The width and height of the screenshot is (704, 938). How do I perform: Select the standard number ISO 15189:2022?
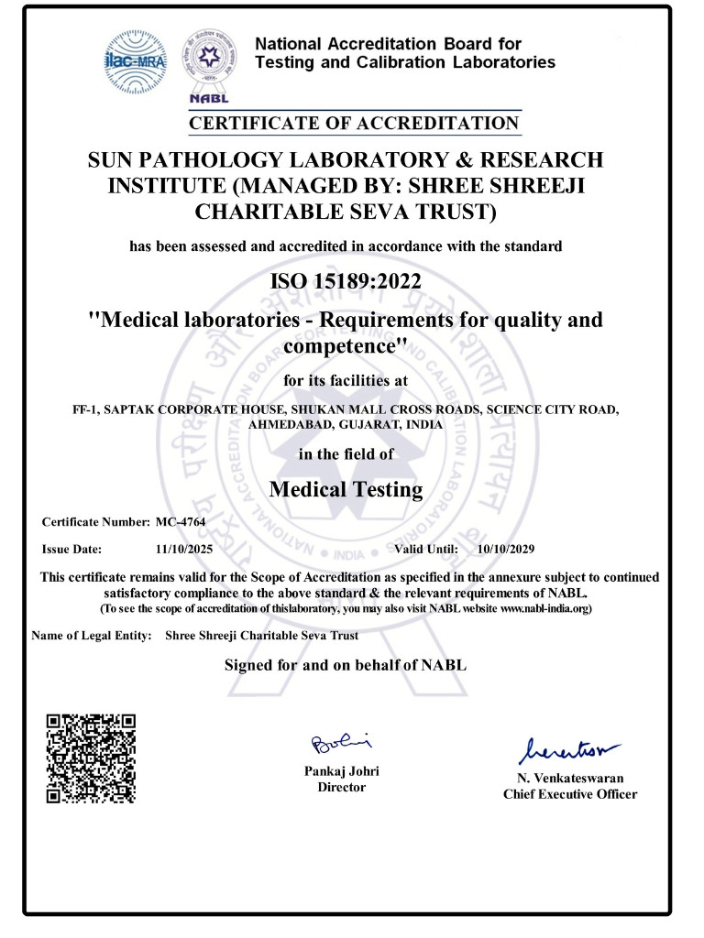point(346,280)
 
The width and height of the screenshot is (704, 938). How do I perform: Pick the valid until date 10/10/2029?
point(506,550)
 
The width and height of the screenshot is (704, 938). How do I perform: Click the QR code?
point(92,758)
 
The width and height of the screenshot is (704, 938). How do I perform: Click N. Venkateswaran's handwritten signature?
point(568,751)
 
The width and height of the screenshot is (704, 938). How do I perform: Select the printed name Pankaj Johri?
point(341,771)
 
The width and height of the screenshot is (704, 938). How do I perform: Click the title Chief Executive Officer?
point(569,794)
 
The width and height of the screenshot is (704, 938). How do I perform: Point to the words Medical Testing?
point(346,489)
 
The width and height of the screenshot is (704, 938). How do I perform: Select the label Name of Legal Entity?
point(92,635)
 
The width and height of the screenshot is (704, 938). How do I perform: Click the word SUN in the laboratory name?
point(112,160)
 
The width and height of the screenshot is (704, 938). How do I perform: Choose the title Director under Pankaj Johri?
point(341,787)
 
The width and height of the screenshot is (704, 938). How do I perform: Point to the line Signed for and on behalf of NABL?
point(346,665)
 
